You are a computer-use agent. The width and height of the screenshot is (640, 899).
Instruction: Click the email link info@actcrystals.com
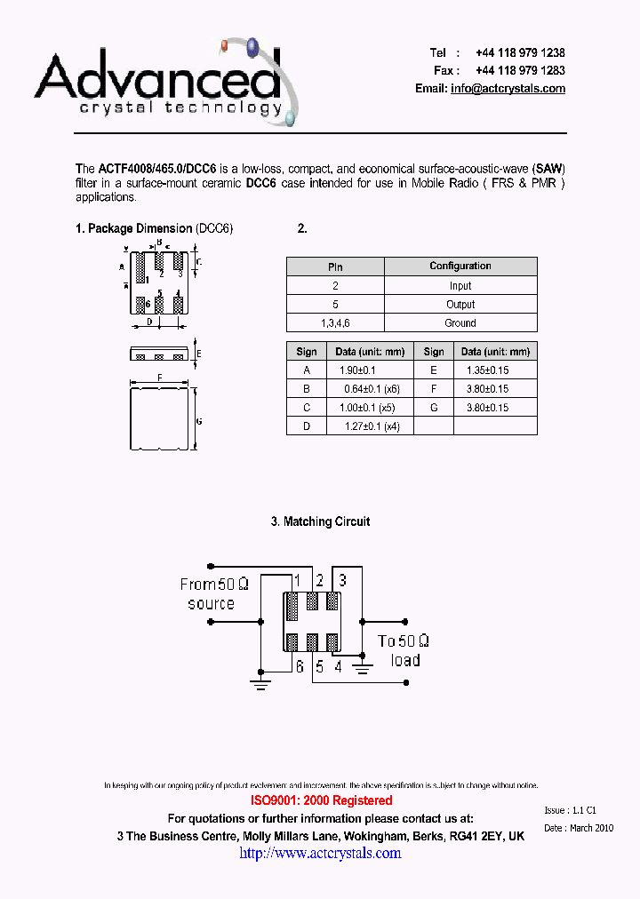coord(508,89)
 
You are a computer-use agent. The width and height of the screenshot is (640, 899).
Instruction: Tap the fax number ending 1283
coord(520,70)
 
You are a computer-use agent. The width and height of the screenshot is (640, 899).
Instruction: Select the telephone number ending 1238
coord(520,52)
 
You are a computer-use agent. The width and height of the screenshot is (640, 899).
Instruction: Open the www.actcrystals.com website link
coord(320,853)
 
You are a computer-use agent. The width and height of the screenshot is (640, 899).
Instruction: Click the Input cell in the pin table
coord(460,286)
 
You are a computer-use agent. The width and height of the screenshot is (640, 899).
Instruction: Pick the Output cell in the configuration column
coord(460,305)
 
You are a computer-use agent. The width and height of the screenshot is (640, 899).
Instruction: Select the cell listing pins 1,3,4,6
coord(335,323)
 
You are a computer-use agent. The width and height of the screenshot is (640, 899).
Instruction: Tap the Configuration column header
coord(460,267)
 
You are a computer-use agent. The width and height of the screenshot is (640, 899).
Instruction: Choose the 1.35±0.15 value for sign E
coord(487,370)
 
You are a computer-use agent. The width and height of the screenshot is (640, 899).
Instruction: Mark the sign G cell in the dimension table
coord(434,408)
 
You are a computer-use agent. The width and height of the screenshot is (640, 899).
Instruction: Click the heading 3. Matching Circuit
coord(320,521)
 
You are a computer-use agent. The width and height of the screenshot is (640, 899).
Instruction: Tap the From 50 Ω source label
coord(213,594)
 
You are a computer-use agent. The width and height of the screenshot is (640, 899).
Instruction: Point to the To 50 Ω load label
coord(404,650)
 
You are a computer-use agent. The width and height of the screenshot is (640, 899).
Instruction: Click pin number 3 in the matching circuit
coord(342,580)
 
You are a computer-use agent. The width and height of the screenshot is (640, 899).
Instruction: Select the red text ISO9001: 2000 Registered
coord(320,800)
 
